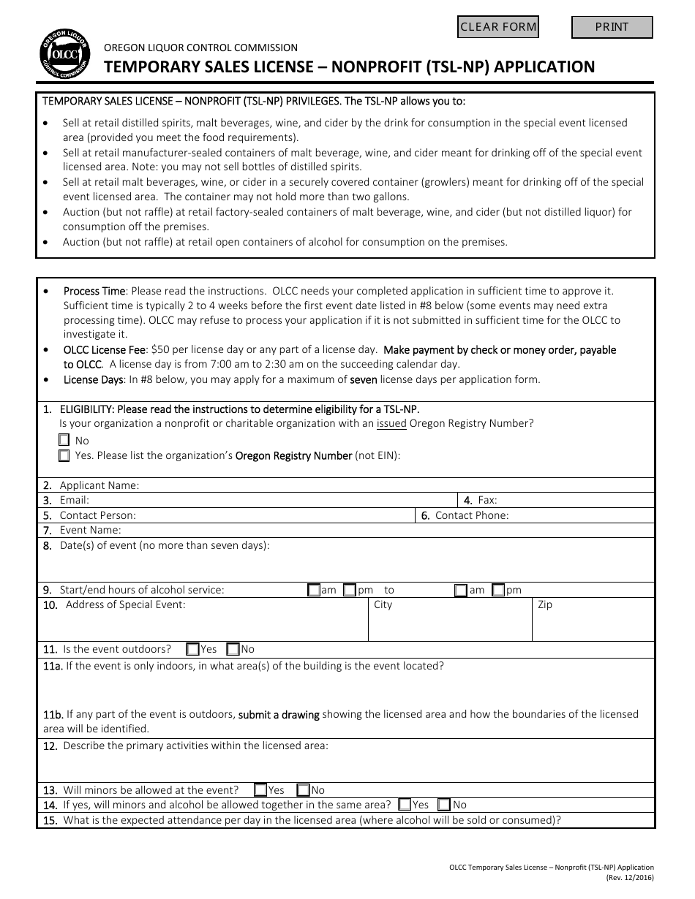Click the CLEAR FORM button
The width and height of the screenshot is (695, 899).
[x=497, y=27]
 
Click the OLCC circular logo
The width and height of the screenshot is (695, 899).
[x=64, y=56]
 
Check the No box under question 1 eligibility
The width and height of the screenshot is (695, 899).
[x=64, y=441]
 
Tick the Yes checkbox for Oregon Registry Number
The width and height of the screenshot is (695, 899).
[x=64, y=456]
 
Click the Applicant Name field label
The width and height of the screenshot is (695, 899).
[x=99, y=485]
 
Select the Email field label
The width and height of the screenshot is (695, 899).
[x=74, y=501]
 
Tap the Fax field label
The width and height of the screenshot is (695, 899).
[x=487, y=501]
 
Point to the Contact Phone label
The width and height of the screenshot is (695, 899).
[x=472, y=515]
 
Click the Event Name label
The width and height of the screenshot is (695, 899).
[x=90, y=531]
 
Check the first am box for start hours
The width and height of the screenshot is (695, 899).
[x=313, y=590]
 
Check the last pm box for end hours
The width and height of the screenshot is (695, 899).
[x=498, y=590]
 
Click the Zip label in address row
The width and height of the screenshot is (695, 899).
[x=545, y=605]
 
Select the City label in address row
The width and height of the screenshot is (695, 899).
[x=383, y=605]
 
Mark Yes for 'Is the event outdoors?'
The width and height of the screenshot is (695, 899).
[x=192, y=649]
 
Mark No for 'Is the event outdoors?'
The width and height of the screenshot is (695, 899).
[x=233, y=649]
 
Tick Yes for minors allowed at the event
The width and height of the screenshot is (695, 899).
[x=260, y=790]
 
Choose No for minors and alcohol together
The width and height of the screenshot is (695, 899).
[x=443, y=805]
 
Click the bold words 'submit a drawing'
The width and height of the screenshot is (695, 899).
[x=279, y=714]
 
